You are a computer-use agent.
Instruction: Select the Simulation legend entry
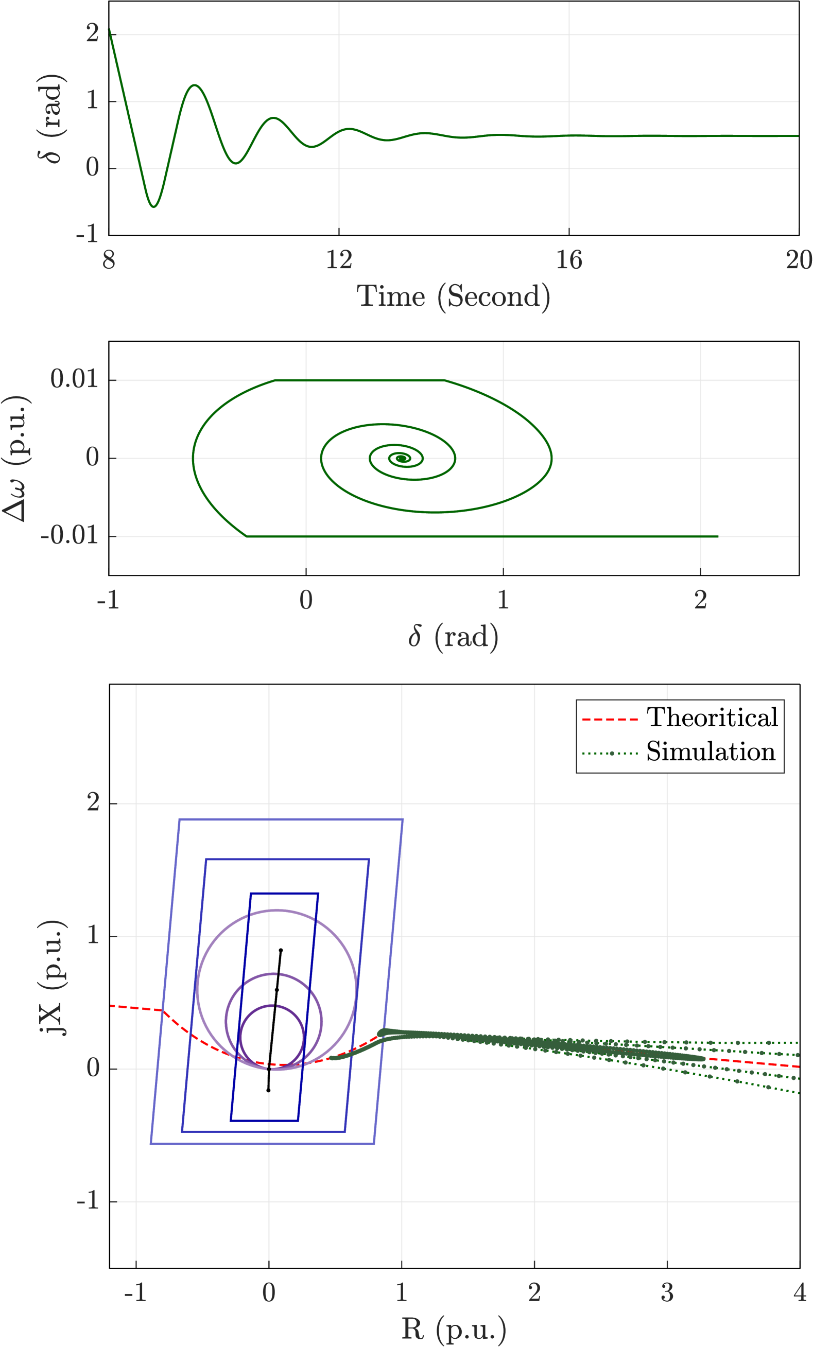point(710,752)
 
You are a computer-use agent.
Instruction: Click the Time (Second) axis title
point(453,297)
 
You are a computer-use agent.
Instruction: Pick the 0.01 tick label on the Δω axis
point(74,379)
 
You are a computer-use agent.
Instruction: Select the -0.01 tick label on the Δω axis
point(70,536)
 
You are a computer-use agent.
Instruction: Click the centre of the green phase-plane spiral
point(403,458)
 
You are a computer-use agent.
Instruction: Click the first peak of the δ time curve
point(195,85)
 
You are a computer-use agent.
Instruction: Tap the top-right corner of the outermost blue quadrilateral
point(403,819)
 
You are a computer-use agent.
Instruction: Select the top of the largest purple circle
point(277,910)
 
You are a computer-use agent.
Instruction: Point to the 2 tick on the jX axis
point(93,803)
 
